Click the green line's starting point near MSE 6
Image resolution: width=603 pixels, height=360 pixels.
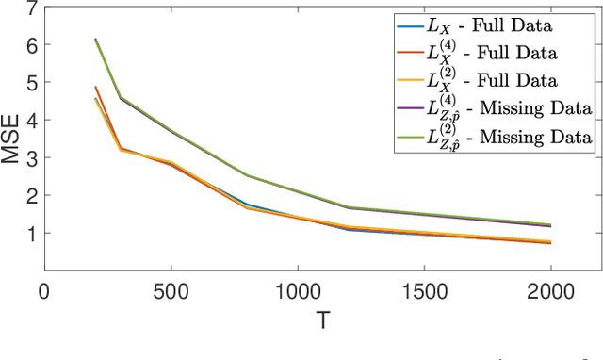[x=95, y=40]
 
